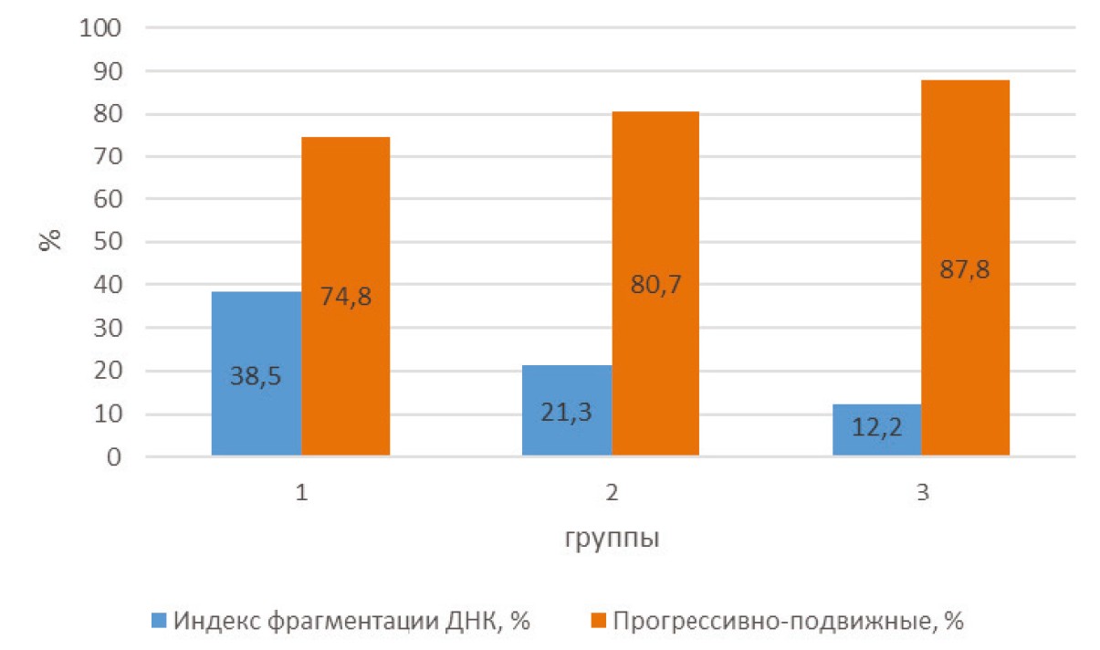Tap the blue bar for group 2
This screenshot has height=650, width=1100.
point(567,429)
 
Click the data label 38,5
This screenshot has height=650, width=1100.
point(257,375)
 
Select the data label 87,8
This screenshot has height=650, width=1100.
point(966,270)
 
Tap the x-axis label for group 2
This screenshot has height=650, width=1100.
point(612,493)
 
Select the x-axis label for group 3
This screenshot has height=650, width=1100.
point(922,493)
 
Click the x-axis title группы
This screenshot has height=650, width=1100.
point(612,538)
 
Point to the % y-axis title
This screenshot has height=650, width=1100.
point(51,242)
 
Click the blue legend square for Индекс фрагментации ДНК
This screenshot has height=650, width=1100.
point(158,623)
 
